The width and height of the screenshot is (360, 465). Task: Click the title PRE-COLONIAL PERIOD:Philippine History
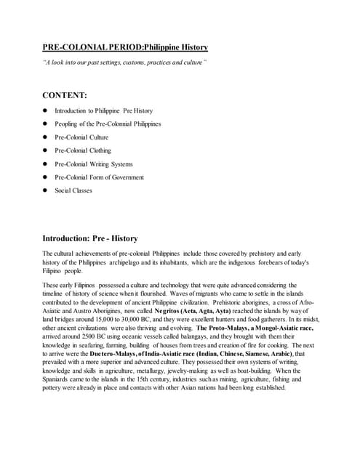click(125, 48)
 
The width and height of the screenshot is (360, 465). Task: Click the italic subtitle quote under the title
click(124, 62)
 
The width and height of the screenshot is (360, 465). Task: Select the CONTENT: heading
click(65, 95)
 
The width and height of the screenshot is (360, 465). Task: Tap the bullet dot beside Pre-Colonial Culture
click(45, 137)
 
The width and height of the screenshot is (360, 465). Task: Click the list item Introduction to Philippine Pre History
click(104, 111)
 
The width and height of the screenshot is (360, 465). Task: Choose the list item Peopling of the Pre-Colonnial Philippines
click(108, 124)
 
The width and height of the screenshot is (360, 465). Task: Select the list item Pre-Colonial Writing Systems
click(94, 164)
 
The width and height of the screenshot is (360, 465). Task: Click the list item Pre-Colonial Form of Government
click(100, 177)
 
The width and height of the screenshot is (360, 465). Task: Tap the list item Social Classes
click(73, 190)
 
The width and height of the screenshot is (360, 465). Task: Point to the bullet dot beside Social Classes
click(45, 190)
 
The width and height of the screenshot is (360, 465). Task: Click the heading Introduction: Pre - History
click(90, 238)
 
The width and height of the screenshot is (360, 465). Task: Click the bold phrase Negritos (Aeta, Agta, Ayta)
click(198, 311)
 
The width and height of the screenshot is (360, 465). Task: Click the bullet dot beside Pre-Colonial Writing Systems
click(45, 164)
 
